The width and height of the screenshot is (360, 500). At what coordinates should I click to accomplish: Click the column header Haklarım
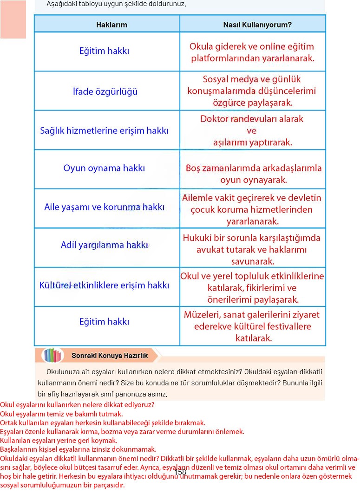tap(111, 25)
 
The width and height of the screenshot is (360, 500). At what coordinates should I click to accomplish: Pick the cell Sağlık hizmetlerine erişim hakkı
tap(104, 130)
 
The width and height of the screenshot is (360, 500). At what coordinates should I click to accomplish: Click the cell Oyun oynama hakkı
tap(104, 168)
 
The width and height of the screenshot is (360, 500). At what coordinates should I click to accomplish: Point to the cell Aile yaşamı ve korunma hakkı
tap(105, 207)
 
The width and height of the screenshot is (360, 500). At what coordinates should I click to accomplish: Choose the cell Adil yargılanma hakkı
tap(104, 245)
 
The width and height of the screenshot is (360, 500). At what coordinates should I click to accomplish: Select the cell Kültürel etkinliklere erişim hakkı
tap(104, 285)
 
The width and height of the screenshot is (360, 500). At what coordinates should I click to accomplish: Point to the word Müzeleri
tap(202, 315)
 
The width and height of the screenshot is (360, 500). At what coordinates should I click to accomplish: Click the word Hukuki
tap(198, 238)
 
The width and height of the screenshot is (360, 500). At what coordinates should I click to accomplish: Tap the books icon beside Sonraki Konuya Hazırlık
tap(52, 356)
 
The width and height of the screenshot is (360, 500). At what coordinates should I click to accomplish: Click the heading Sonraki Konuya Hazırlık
tap(110, 356)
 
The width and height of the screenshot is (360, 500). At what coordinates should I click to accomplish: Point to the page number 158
tap(180, 472)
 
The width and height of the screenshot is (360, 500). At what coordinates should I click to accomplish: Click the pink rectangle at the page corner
tap(13, 19)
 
